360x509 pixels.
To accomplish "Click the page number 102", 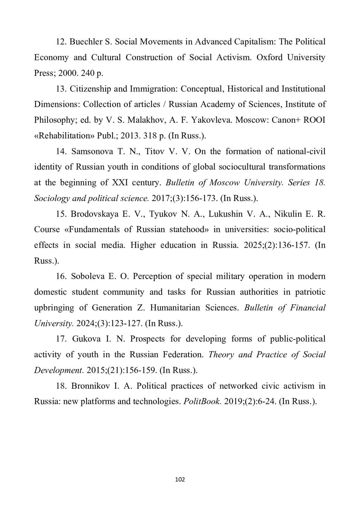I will pos(180,480).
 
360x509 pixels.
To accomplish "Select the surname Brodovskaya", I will pos(94,214).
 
